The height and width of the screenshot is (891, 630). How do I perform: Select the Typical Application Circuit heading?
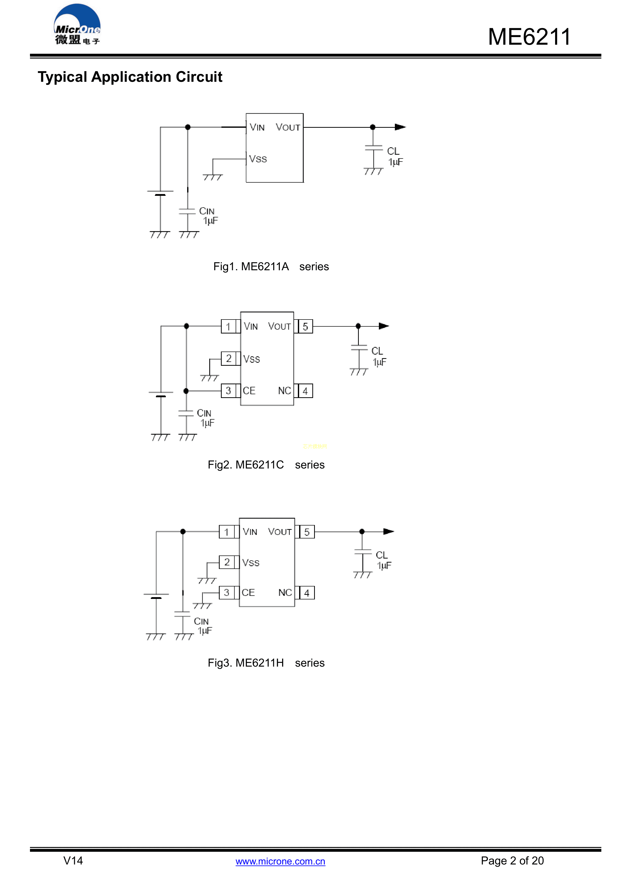pyautogui.click(x=130, y=77)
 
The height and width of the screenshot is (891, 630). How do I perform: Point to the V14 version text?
pyautogui.click(x=73, y=861)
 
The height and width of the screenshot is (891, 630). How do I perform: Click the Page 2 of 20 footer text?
pyautogui.click(x=512, y=861)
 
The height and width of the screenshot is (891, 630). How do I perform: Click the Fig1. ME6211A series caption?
pyautogui.click(x=271, y=267)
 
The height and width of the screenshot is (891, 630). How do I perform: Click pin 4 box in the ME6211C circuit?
pyautogui.click(x=305, y=391)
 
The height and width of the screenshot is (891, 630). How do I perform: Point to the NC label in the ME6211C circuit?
pyautogui.click(x=284, y=391)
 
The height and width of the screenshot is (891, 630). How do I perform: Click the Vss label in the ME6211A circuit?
pyautogui.click(x=258, y=159)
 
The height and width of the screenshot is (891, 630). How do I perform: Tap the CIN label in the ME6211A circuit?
pyautogui.click(x=207, y=211)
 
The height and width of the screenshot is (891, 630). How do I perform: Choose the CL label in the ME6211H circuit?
pyautogui.click(x=382, y=555)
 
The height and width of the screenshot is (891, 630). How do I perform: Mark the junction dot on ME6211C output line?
pyautogui.click(x=358, y=326)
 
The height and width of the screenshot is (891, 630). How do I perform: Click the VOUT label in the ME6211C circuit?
pyautogui.click(x=279, y=326)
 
